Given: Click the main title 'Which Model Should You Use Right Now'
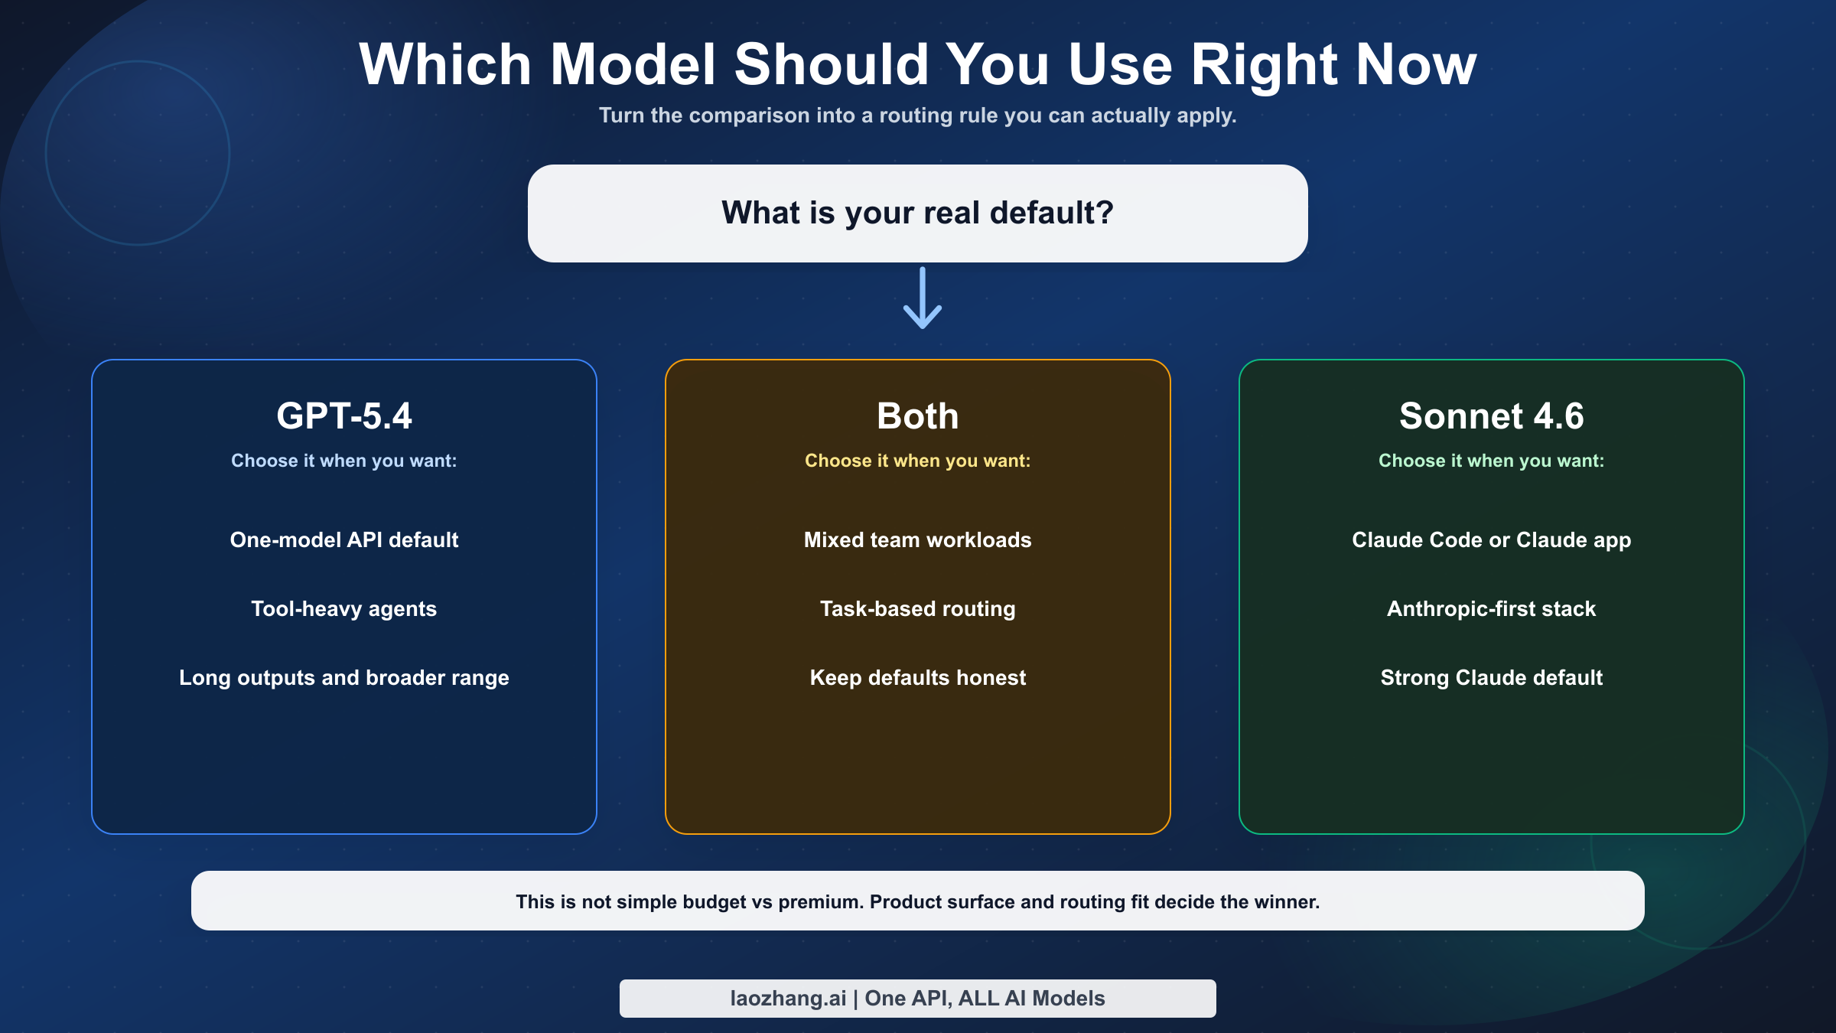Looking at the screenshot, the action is pos(918,64).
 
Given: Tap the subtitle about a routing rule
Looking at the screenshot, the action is pos(918,116).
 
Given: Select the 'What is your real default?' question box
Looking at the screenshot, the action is pos(918,213).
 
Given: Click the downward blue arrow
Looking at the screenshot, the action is pos(923,298).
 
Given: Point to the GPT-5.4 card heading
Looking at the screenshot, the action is pos(344,416).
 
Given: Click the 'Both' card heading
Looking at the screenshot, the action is pos(918,416).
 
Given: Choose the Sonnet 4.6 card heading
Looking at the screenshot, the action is pos(1492,416).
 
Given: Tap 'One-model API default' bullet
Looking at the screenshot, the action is pos(344,540).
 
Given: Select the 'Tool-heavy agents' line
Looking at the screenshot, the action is pos(344,609).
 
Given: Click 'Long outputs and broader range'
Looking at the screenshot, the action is pos(344,678).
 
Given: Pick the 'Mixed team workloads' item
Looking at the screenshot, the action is pos(918,540).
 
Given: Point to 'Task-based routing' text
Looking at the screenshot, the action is pos(918,609).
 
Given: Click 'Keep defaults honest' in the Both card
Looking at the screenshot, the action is pos(918,678).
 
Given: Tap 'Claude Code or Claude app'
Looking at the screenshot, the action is pos(1492,540).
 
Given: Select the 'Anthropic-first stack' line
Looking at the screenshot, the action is pos(1492,609).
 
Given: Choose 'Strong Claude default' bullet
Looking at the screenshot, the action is pos(1492,678).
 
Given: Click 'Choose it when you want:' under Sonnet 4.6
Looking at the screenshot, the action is pos(1492,461).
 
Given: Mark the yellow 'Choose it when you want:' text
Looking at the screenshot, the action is pos(918,461).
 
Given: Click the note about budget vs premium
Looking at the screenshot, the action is pos(918,901).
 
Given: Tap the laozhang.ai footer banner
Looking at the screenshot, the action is pos(918,999).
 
